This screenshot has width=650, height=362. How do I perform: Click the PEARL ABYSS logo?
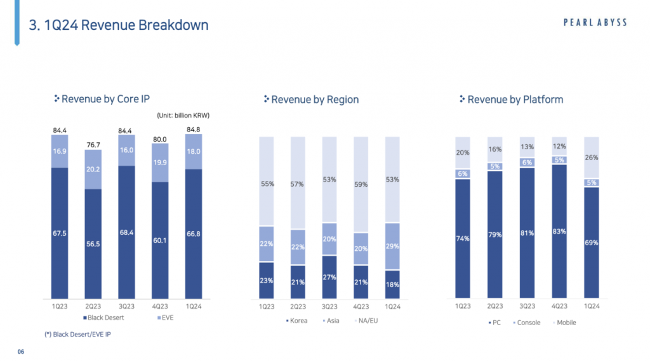(x=595, y=22)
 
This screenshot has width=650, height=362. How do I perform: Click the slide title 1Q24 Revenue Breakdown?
(x=119, y=25)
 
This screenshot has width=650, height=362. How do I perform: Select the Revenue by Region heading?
(x=314, y=100)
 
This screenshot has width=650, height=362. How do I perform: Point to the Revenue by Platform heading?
(x=515, y=100)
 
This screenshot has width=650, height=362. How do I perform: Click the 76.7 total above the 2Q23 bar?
(x=93, y=145)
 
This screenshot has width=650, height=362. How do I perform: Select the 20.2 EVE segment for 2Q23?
(x=93, y=170)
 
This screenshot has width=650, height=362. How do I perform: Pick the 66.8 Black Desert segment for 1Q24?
(x=194, y=233)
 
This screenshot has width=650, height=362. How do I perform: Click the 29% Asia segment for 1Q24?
(x=393, y=246)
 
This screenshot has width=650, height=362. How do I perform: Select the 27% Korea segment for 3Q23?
(x=329, y=277)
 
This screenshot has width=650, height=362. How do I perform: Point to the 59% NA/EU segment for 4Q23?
(x=361, y=185)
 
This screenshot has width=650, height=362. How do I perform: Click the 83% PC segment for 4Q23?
(x=559, y=232)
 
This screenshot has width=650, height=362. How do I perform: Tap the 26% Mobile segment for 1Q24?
(x=590, y=158)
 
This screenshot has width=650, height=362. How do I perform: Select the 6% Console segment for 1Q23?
(x=463, y=173)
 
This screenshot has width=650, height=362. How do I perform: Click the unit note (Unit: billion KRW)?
(x=183, y=116)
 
